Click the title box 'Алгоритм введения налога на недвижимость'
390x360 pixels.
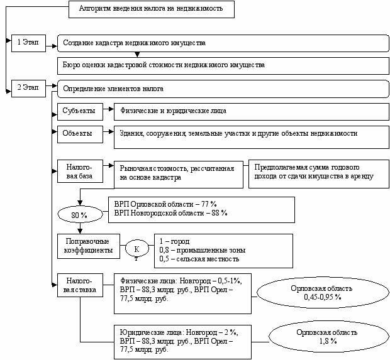[152, 9]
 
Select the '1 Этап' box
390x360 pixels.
[28, 43]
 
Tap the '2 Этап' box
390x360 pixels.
[28, 89]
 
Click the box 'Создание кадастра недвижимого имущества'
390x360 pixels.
[223, 43]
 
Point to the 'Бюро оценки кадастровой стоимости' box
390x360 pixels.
[223, 66]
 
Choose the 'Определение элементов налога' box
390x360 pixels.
[223, 89]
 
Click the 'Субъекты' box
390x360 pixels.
[80, 112]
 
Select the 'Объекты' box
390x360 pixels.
[80, 134]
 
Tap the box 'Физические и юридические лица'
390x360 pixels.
[252, 112]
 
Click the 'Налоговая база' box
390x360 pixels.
[80, 171]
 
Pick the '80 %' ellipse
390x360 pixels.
[80, 214]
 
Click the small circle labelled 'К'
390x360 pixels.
[136, 248]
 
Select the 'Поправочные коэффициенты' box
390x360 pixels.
[89, 246]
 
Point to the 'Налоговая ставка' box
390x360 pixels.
[80, 285]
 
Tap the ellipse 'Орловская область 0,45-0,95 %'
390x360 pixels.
[323, 293]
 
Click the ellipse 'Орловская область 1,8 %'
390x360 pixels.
[329, 337]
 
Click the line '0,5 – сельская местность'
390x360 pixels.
[199, 259]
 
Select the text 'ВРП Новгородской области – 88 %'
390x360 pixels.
[170, 213]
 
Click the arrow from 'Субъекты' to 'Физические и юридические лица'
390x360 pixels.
[108, 109]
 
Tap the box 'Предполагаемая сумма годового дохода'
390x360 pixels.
[319, 174]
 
